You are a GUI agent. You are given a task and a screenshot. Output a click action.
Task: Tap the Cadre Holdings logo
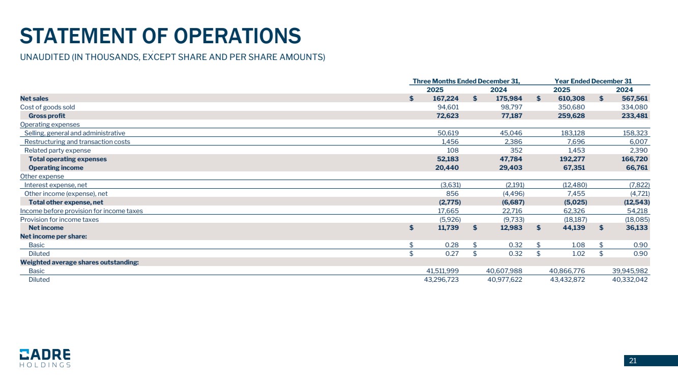[x=45, y=358]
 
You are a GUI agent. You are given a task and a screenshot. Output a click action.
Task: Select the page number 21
[x=633, y=361]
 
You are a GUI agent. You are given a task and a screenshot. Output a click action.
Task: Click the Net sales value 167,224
[x=445, y=98]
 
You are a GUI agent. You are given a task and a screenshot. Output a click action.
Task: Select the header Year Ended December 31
[x=593, y=81]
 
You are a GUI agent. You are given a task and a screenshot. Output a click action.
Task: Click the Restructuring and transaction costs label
[x=77, y=141]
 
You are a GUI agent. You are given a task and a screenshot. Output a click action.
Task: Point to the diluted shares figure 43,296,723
[x=438, y=280]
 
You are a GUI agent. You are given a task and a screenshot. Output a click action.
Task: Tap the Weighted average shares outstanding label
[x=79, y=262]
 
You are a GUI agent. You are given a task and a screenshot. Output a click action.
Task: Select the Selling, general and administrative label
[x=74, y=133]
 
